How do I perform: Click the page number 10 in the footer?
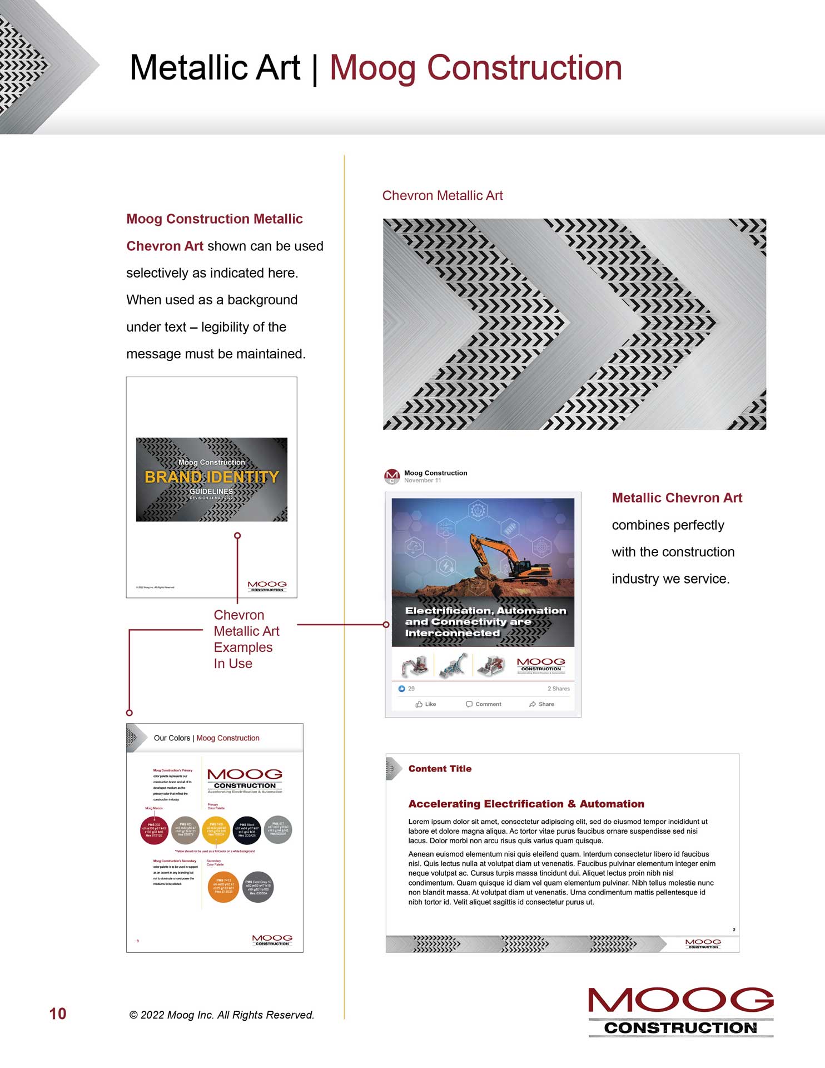pos(58,1013)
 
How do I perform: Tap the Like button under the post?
pos(426,704)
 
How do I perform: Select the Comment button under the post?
pos(484,704)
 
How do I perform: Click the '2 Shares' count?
pos(558,689)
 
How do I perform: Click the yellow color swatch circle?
pos(216,830)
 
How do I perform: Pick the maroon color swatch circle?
pos(154,830)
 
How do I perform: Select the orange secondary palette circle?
pos(223,887)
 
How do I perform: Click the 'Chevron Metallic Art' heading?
pos(443,196)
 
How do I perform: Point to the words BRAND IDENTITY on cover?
pos(212,477)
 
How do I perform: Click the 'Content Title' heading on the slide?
pos(440,769)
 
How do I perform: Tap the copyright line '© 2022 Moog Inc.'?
pos(222,1015)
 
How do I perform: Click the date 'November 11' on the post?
pos(423,481)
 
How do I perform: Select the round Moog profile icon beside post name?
pos(392,476)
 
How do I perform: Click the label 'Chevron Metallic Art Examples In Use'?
pos(246,639)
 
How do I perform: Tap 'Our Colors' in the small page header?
pos(172,738)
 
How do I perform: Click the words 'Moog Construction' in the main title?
pos(476,68)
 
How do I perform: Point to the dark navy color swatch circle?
pos(247,830)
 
